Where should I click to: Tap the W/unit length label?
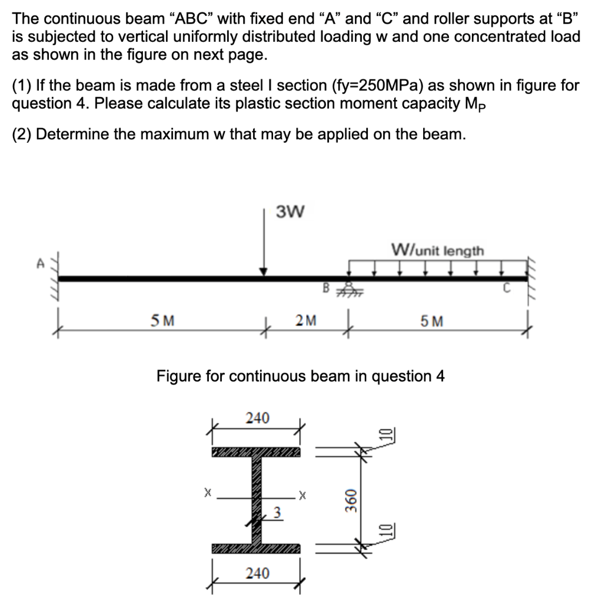coord(438,251)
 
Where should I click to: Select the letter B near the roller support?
coord(325,288)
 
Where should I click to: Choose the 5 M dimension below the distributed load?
coord(433,322)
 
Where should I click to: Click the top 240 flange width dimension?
coord(257,419)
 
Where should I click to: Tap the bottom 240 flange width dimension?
coord(257,572)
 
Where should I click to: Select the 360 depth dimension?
coord(351,500)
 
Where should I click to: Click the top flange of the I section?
coord(255,452)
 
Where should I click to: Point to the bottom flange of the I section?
coord(255,549)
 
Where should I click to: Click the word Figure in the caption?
coord(178,376)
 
